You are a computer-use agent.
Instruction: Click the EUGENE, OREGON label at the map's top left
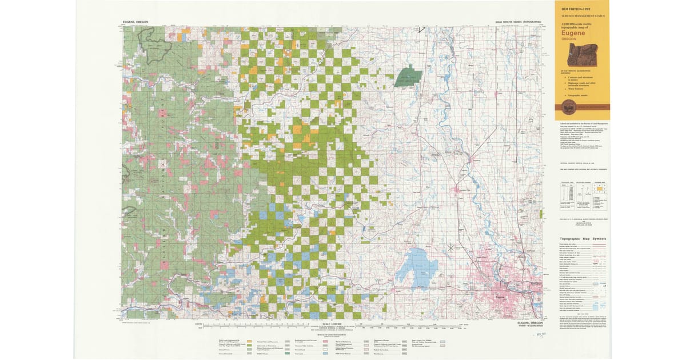click(135, 22)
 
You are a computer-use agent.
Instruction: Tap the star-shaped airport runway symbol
click(451, 248)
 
